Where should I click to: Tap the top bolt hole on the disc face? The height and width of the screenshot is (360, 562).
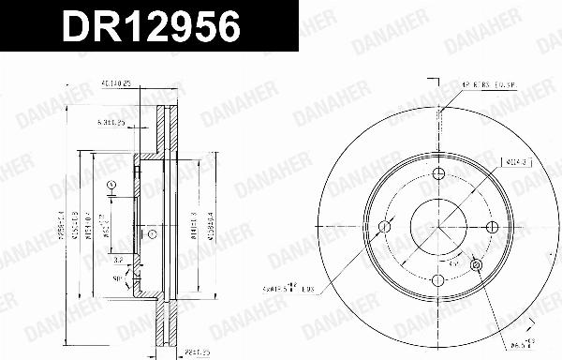438,172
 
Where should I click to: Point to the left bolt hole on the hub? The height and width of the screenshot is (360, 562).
384,227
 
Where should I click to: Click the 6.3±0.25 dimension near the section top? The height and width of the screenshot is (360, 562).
111,122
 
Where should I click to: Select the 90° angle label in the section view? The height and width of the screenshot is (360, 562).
116,278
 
